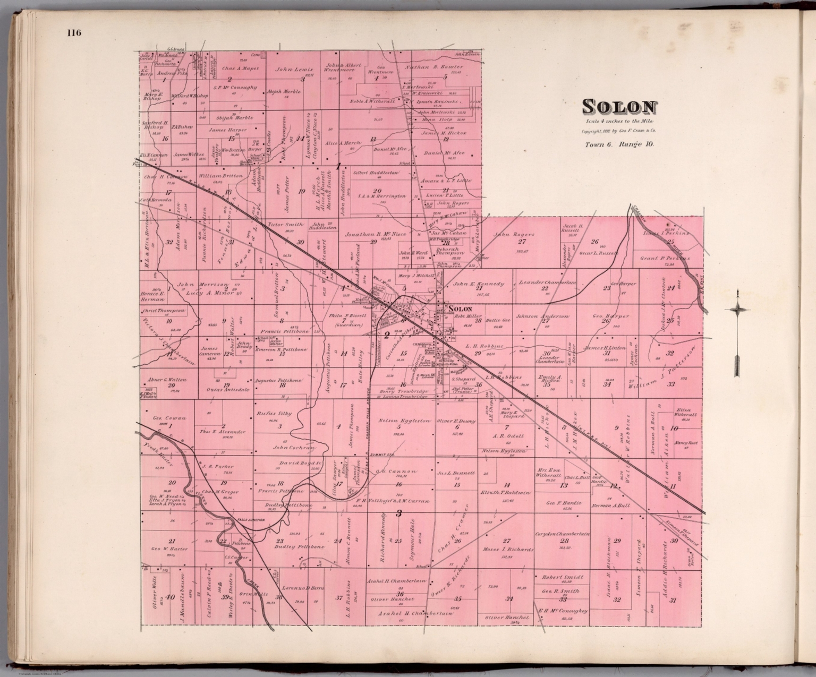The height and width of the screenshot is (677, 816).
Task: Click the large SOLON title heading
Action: coord(619,107)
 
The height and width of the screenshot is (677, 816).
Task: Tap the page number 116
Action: coord(74,33)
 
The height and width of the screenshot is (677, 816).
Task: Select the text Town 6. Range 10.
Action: coord(619,144)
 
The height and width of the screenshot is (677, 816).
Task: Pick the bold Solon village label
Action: coord(460,308)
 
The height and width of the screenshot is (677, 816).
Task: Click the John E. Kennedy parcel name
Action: coord(479,284)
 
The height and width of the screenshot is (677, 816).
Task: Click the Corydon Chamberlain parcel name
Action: coord(563,534)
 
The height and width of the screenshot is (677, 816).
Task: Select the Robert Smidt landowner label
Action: coord(562,576)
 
